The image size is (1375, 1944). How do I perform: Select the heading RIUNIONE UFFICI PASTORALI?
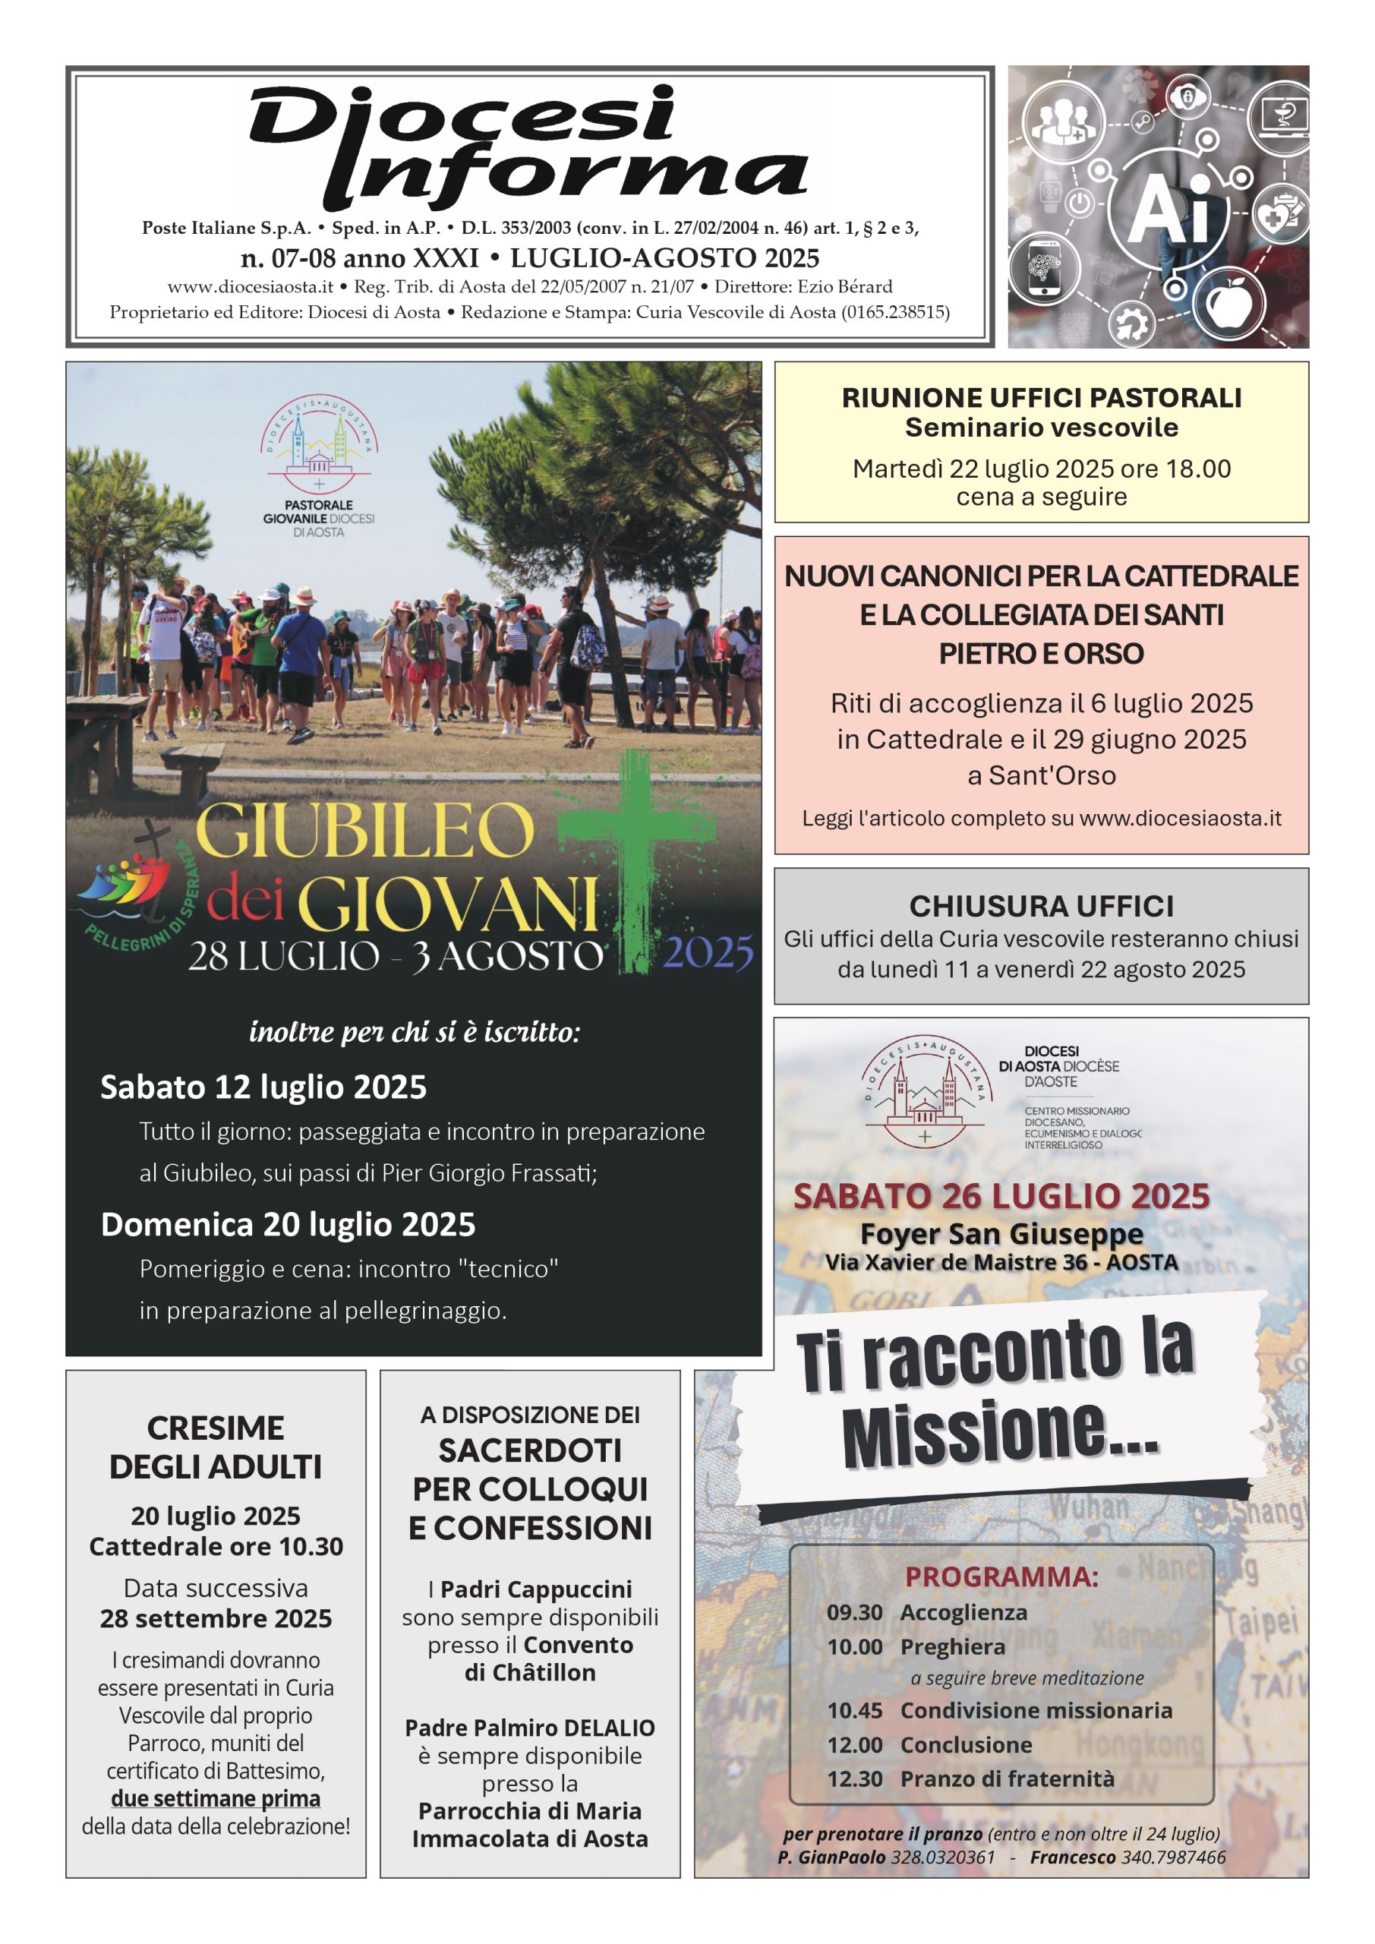tap(1041, 398)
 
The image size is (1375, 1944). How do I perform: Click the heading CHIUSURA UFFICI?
tap(1041, 906)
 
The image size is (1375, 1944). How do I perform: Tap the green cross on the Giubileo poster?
tap(637, 855)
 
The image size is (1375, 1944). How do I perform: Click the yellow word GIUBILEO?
tap(365, 832)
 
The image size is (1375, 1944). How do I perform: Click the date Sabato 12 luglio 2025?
tap(263, 1087)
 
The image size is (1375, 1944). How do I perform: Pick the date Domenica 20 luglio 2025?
tap(288, 1224)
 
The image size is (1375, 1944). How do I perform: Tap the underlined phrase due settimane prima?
tap(215, 1797)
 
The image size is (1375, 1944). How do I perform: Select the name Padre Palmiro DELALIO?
tap(530, 1728)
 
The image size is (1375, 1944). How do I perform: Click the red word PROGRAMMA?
tap(1001, 1576)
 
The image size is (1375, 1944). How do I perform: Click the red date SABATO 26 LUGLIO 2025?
tap(1001, 1196)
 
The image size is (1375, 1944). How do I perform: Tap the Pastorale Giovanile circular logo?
tap(318, 444)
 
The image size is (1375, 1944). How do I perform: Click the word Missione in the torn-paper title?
tap(999, 1435)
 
